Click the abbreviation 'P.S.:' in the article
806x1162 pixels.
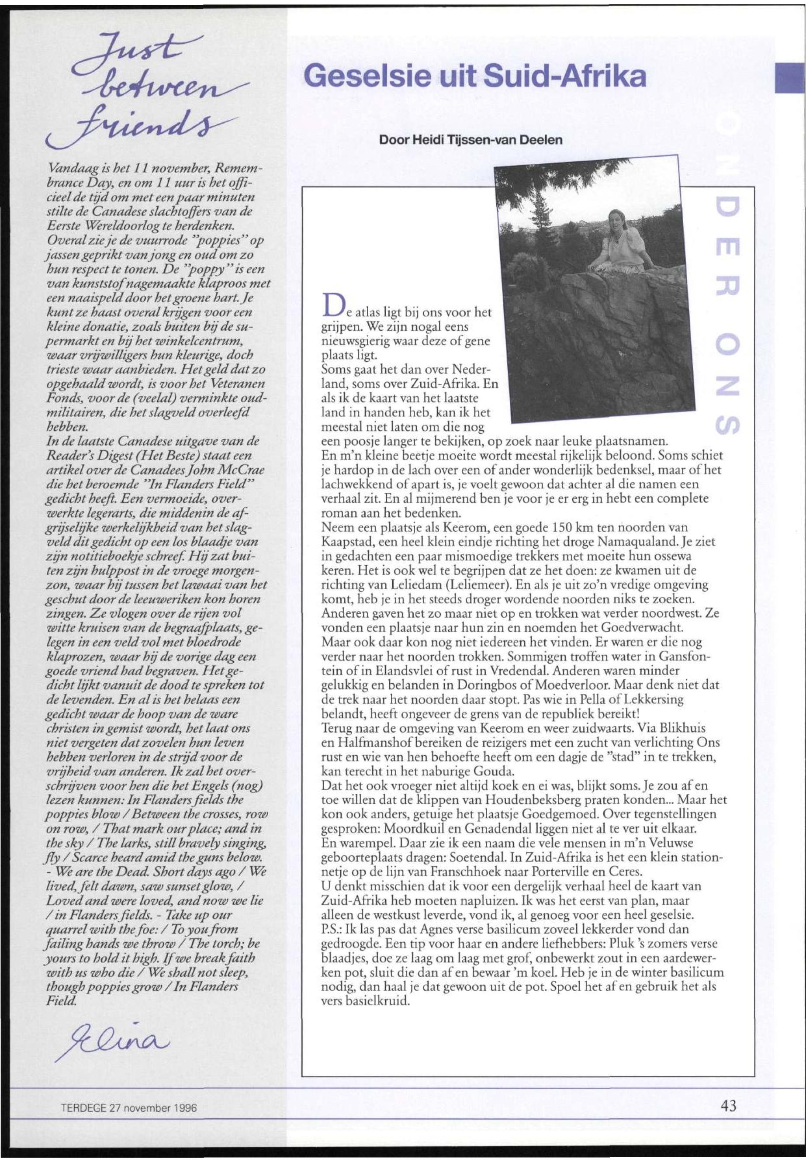pyautogui.click(x=334, y=929)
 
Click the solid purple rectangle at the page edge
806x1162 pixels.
pyautogui.click(x=790, y=78)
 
